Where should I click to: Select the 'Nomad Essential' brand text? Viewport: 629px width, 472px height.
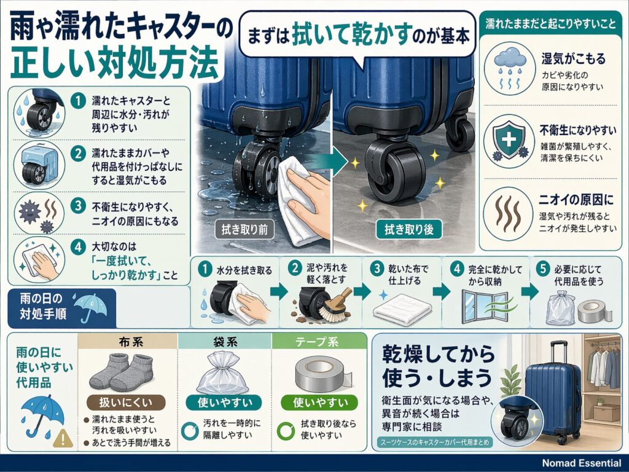581,463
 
